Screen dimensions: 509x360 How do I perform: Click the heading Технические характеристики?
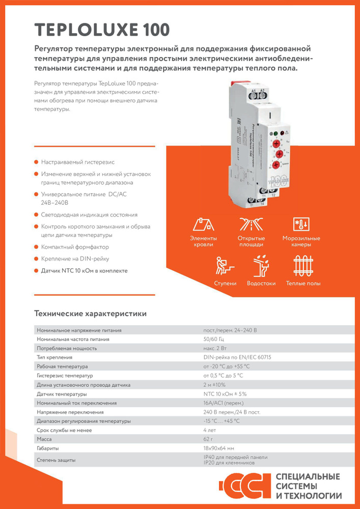click(90, 314)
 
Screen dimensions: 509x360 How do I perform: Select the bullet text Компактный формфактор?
click(75, 247)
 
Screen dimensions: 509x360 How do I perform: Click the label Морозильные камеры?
click(301, 241)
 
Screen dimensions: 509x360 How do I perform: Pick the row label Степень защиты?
click(57, 460)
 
